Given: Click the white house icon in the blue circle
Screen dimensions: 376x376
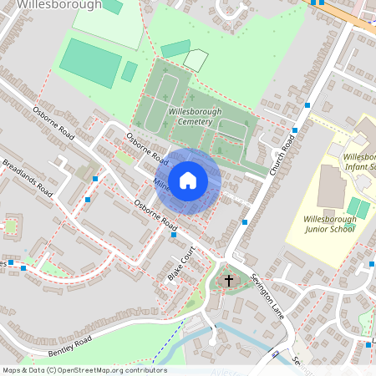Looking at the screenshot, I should point(188,180).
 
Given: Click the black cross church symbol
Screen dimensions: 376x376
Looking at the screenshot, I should point(229,282).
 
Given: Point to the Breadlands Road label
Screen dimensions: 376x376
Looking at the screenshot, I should point(27,177).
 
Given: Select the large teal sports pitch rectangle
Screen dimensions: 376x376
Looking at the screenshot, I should point(90,61).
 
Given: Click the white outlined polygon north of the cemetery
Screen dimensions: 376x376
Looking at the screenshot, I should point(196,59).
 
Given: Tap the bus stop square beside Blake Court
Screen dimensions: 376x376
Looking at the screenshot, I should point(173,235).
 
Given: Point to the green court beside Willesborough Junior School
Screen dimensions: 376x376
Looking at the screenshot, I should point(358,206).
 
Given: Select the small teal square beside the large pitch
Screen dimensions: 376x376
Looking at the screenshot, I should point(129,72).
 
